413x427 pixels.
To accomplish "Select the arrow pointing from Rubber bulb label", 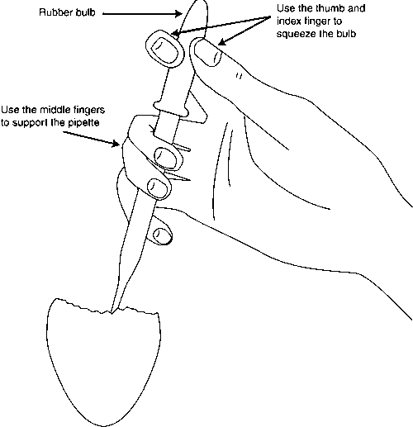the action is pyautogui.click(x=142, y=13).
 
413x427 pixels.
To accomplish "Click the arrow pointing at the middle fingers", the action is pyautogui.click(x=91, y=138).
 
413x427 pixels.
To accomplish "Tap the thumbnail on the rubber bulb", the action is pyautogui.click(x=165, y=50).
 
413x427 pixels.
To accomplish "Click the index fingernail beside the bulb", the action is pyautogui.click(x=207, y=52).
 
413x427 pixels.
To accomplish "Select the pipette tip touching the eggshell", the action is pyautogui.click(x=112, y=312).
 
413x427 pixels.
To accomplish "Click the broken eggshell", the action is pyautogui.click(x=103, y=363).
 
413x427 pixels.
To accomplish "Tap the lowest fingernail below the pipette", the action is pyautogui.click(x=161, y=235).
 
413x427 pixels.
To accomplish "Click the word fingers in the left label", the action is pyautogui.click(x=90, y=110).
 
